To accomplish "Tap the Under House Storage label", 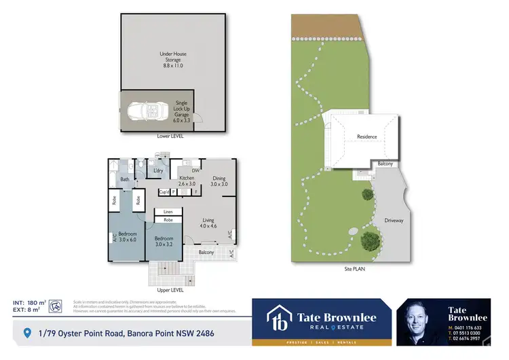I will (x=173, y=59).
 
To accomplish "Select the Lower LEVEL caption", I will (x=170, y=136).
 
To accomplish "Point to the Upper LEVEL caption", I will (x=170, y=289).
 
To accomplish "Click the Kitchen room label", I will (x=187, y=181).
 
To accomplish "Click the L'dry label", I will (x=158, y=170).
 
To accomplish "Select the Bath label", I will (x=125, y=180).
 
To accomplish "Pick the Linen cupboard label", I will (x=168, y=212).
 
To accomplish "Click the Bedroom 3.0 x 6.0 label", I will (x=128, y=236).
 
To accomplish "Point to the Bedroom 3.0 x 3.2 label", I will (x=164, y=242).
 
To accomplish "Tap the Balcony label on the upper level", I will (x=206, y=253).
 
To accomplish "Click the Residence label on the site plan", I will (x=366, y=137).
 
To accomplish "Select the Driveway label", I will (x=394, y=221).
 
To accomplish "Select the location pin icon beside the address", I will (x=27, y=333).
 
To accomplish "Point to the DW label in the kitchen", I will (x=195, y=170).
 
